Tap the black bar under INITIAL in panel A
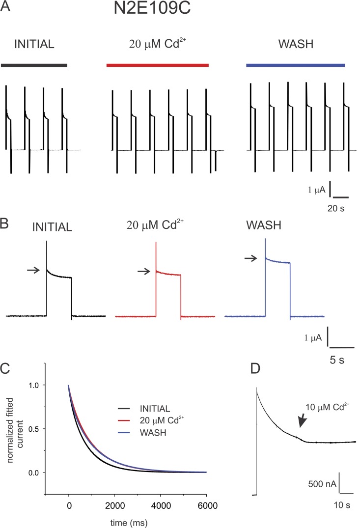(x=34, y=65)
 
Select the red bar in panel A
(x=158, y=65)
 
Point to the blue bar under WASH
(x=295, y=65)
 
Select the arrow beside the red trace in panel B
(x=143, y=270)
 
